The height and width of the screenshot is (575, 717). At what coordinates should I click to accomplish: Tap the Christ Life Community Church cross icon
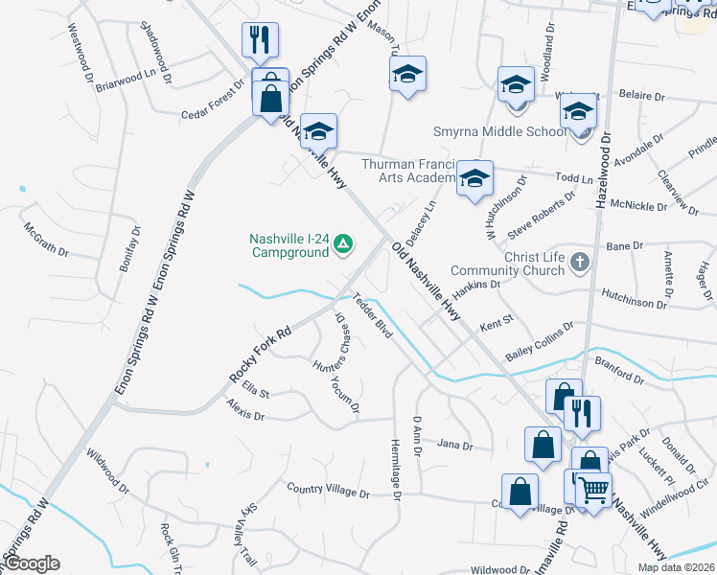click(x=578, y=262)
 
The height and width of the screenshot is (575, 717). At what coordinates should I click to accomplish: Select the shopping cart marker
click(x=594, y=491)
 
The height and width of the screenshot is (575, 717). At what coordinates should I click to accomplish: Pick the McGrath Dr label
click(x=46, y=240)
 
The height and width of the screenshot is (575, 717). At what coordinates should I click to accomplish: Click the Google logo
click(x=33, y=563)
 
